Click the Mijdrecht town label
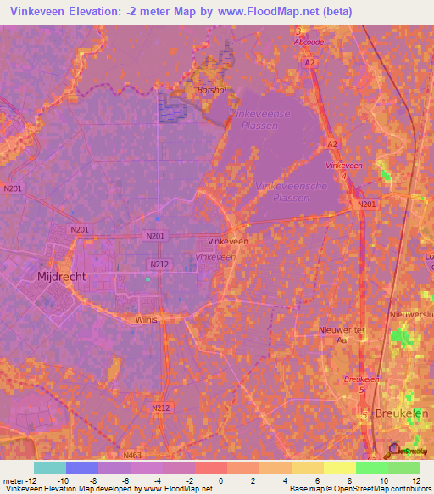tap(59, 277)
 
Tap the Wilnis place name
tap(147, 319)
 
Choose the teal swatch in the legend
tap(50, 468)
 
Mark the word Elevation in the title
tap(110, 12)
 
